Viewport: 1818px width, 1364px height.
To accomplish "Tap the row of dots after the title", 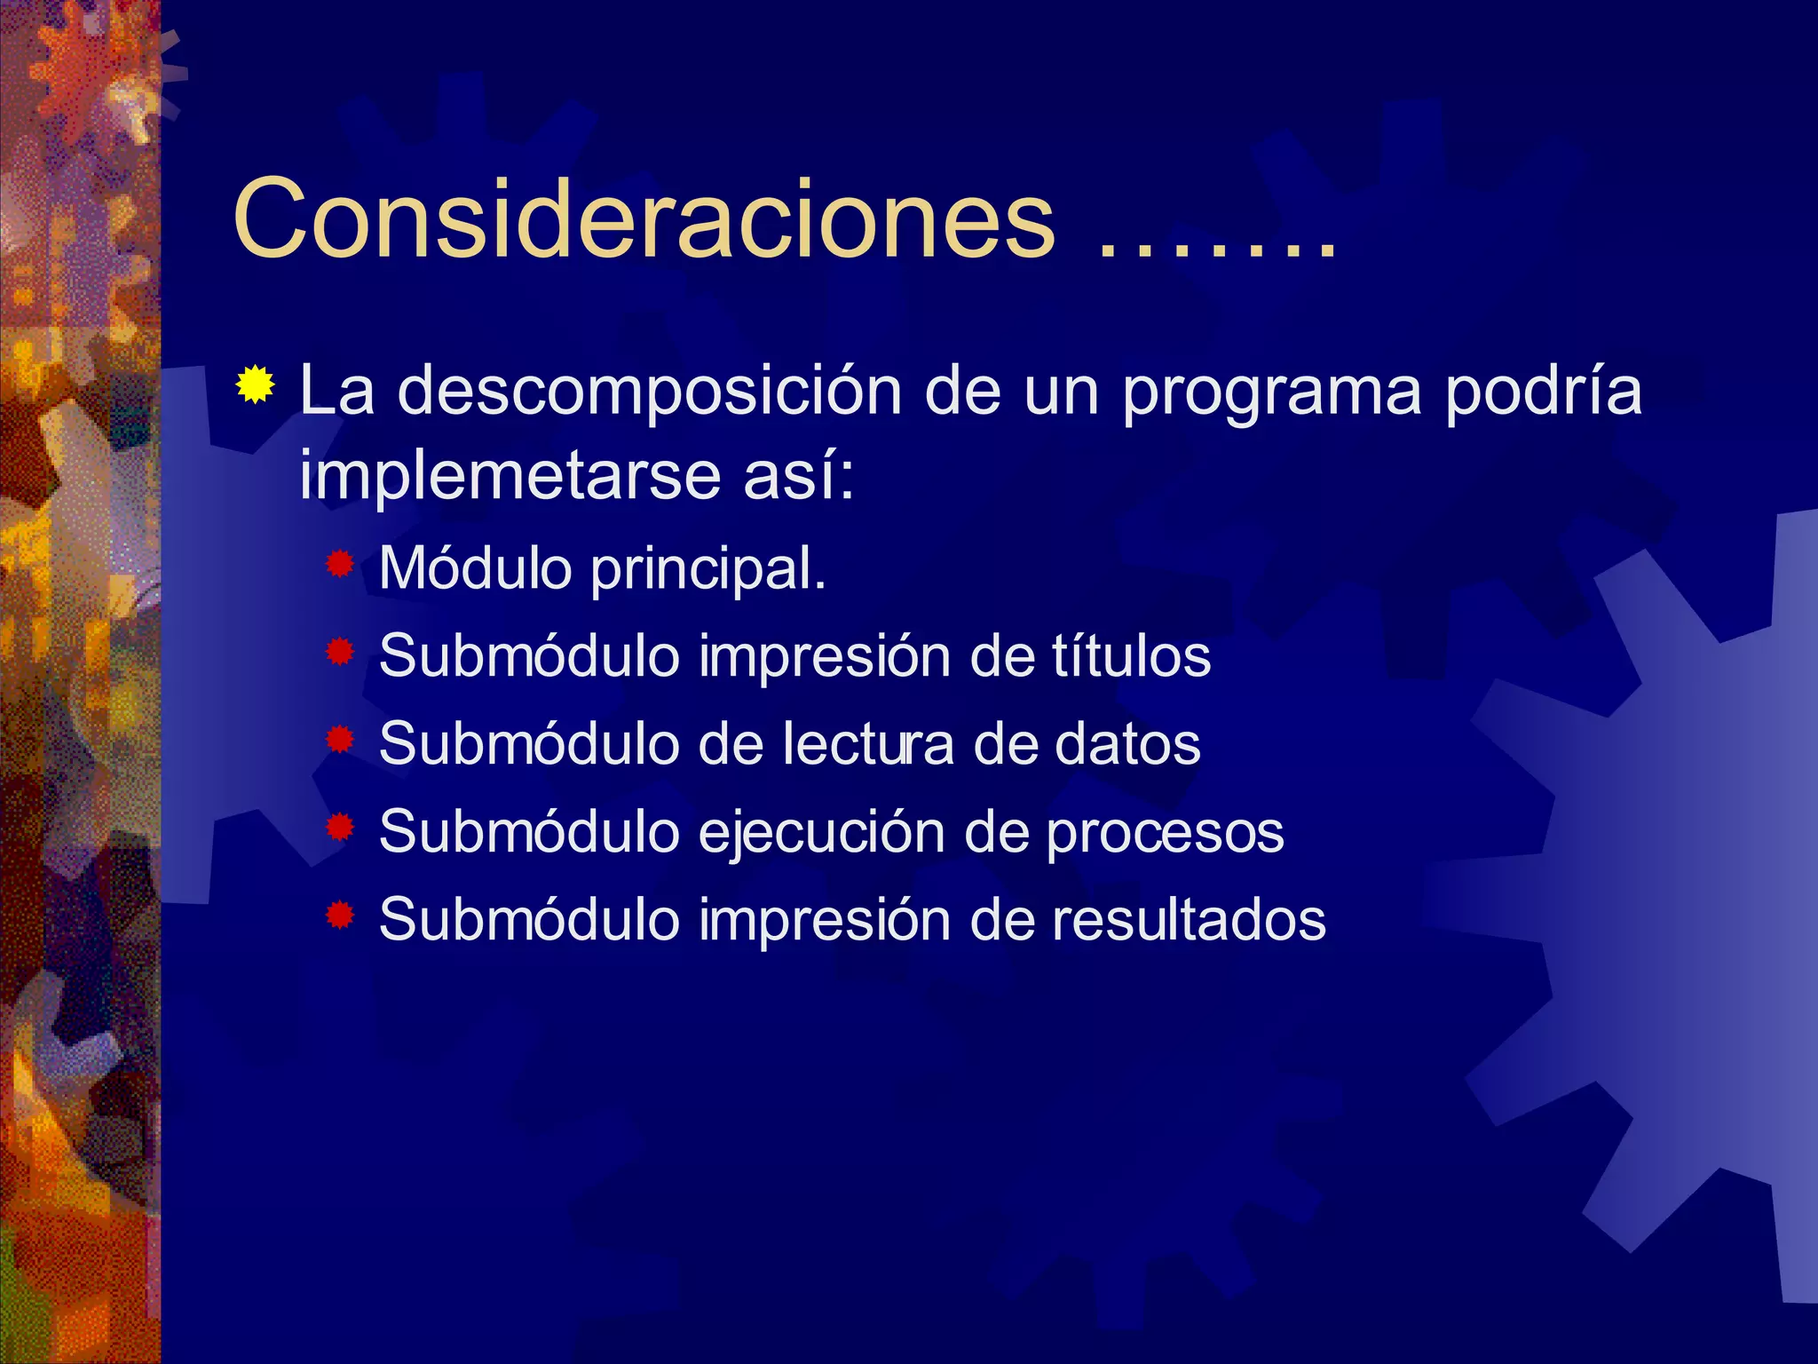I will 1216,253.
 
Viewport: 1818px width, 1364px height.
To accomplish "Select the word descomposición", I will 649,391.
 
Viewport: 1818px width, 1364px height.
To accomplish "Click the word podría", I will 1543,391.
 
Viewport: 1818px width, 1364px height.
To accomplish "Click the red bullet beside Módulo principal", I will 340,564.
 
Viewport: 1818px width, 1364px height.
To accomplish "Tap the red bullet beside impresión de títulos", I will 340,653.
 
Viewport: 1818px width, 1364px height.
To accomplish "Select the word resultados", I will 1189,919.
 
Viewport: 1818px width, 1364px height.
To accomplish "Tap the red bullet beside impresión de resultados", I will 340,915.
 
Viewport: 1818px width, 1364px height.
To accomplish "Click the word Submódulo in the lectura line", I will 529,743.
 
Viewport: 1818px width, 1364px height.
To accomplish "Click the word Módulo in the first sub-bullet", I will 475,568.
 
